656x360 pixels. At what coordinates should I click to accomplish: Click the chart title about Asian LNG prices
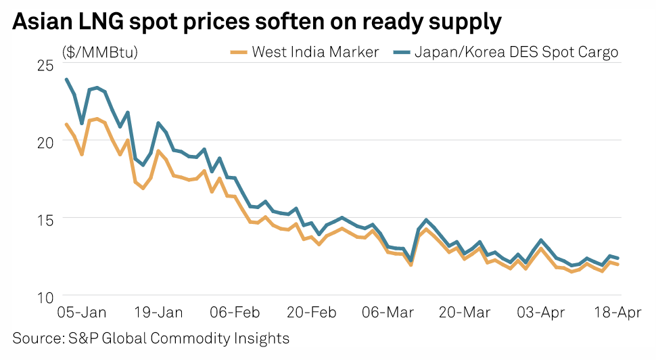(257, 22)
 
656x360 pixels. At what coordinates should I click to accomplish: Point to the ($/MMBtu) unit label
(99, 52)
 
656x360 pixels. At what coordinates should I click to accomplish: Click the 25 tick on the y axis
(45, 65)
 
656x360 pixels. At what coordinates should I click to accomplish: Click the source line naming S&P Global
(151, 338)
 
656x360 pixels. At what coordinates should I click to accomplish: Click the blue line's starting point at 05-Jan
(66, 79)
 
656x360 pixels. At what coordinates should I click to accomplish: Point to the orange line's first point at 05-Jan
(66, 124)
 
